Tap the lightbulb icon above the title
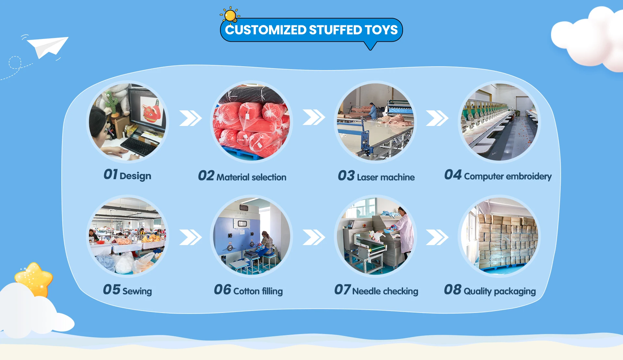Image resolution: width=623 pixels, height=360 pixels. click(x=230, y=15)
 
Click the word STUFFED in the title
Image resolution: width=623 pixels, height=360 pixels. click(x=336, y=30)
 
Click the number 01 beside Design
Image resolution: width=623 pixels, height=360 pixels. click(x=110, y=174)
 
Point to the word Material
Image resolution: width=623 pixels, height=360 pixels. click(x=233, y=177)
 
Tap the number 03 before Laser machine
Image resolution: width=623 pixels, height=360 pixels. click(x=346, y=176)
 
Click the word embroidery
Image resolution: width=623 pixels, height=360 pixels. click(x=529, y=176)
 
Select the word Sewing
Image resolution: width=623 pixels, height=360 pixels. click(x=137, y=291)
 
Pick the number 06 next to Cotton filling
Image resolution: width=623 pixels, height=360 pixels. click(x=223, y=290)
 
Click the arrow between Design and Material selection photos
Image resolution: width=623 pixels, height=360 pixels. click(x=190, y=118)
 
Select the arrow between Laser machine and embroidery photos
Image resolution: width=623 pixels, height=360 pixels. click(x=437, y=118)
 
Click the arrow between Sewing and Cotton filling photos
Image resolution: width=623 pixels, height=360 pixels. click(x=190, y=237)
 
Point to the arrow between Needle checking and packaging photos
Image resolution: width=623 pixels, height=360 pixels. click(x=437, y=237)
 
